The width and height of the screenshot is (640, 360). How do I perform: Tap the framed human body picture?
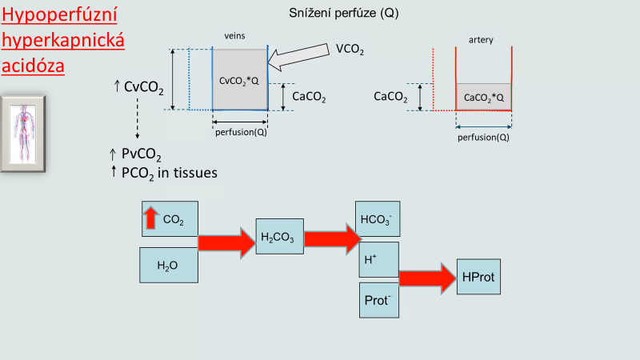click(x=23, y=133)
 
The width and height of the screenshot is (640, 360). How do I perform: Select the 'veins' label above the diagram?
click(x=234, y=36)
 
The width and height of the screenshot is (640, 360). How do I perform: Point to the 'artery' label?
click(x=482, y=38)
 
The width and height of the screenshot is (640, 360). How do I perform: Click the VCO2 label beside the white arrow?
click(x=350, y=50)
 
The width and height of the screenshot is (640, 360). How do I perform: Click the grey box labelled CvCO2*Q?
click(x=239, y=80)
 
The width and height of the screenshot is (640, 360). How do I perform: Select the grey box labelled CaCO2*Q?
click(x=484, y=97)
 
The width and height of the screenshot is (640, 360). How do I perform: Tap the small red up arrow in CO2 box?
click(x=150, y=217)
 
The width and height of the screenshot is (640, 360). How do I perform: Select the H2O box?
click(x=169, y=265)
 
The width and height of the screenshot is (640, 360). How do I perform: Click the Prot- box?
click(x=378, y=300)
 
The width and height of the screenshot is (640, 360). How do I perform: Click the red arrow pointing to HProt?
click(x=427, y=278)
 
